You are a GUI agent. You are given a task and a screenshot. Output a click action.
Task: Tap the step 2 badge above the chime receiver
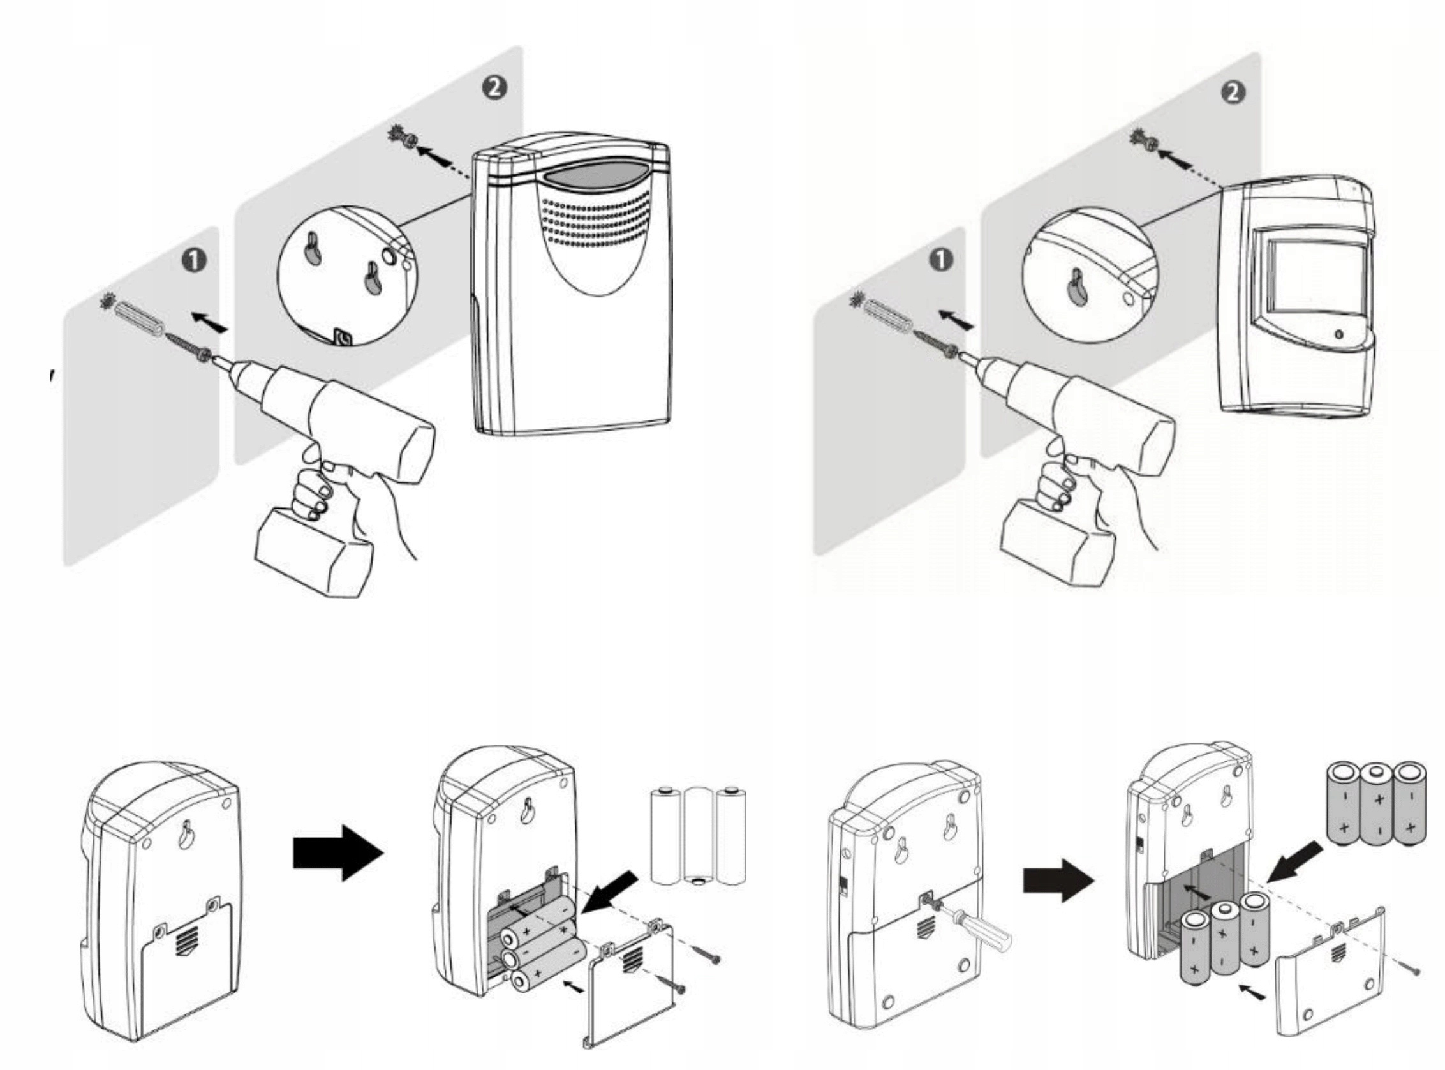click(x=494, y=87)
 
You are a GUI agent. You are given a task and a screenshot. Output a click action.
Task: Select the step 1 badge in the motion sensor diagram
click(x=940, y=260)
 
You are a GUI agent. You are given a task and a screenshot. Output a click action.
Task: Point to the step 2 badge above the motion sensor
click(x=1233, y=92)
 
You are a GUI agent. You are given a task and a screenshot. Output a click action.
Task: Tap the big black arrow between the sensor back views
click(x=339, y=853)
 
